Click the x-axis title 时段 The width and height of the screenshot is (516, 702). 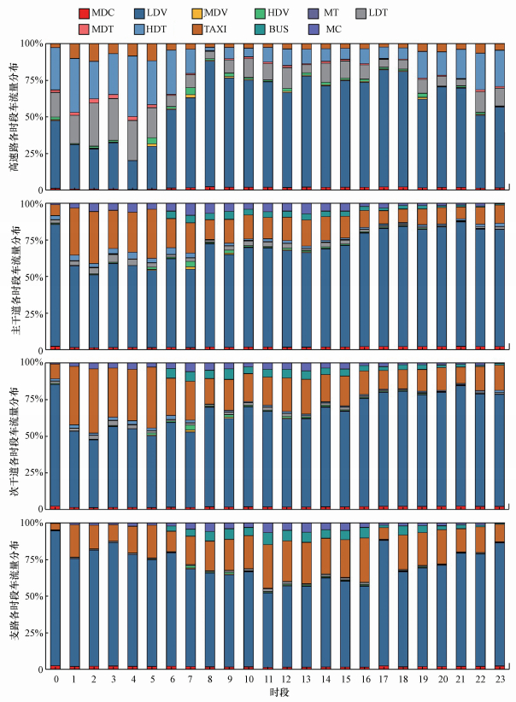(277, 692)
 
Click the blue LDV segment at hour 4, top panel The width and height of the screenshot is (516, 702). (132, 174)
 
